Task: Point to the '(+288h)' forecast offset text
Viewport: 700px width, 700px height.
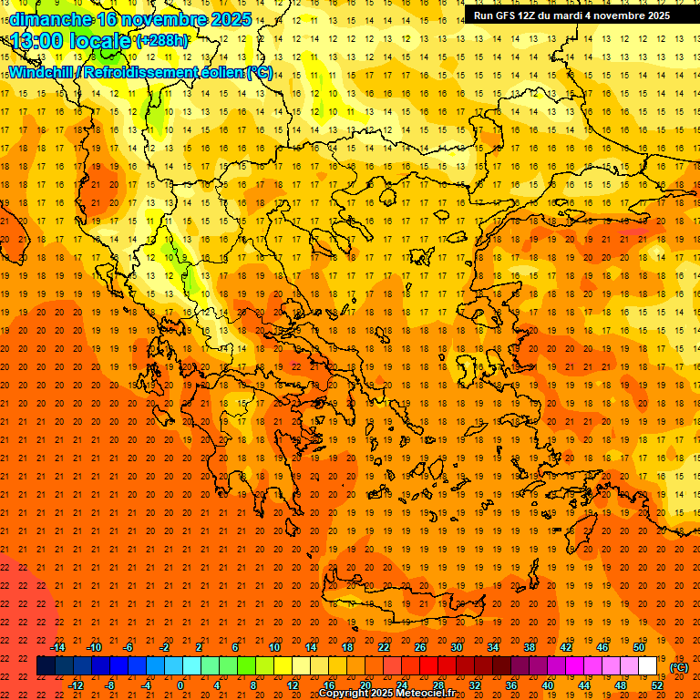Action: tap(162, 41)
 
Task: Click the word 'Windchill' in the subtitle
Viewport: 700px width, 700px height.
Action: tap(42, 72)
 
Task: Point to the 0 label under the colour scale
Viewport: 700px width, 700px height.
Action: tap(180, 685)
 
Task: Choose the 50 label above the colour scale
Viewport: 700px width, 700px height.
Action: tap(638, 647)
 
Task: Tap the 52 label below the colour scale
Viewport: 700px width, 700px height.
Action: tap(656, 685)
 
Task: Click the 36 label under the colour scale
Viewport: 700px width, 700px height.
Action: tap(510, 685)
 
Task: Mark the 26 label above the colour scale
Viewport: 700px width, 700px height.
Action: tap(419, 647)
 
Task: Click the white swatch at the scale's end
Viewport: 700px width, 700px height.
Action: tap(647, 666)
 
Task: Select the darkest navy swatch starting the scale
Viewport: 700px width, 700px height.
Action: tap(46, 666)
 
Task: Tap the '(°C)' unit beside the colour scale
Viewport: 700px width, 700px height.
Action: tap(679, 667)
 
